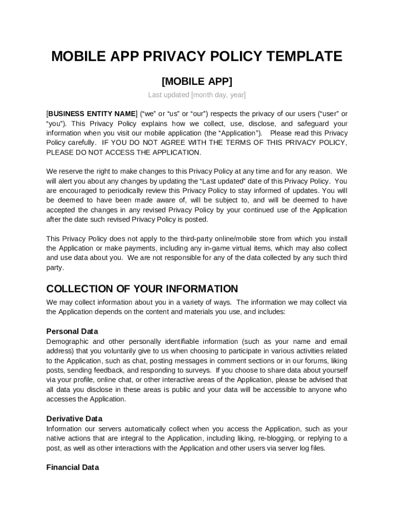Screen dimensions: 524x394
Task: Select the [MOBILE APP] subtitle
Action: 197,81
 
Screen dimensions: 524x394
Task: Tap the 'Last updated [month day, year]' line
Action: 197,95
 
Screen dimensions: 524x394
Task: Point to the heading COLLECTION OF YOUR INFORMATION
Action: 142,289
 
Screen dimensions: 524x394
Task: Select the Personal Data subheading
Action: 72,331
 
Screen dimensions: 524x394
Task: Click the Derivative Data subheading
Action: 74,419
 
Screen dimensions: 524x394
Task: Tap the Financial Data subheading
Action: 73,467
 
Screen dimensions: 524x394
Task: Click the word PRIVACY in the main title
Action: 175,56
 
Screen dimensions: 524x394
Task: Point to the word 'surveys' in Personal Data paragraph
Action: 198,370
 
